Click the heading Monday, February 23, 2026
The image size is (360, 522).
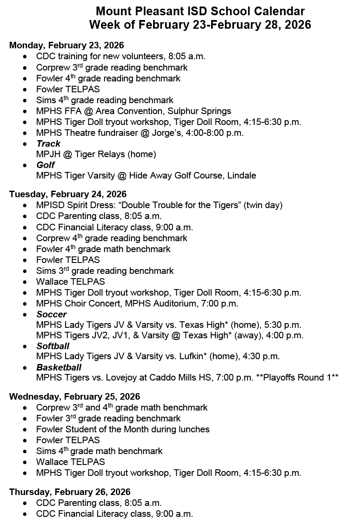point(67,45)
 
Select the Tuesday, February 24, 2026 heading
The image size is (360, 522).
point(68,194)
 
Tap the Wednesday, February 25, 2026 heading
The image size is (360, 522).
point(74,397)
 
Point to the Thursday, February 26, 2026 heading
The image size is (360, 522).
point(70,492)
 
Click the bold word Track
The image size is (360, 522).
point(48,144)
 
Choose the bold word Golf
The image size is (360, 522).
point(46,165)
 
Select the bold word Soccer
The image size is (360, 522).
point(51,314)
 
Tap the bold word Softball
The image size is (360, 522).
point(53,346)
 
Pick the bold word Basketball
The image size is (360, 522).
point(59,367)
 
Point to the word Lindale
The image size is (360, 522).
point(241,176)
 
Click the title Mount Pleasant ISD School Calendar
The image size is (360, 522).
point(200,11)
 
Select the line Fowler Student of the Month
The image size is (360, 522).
point(123,429)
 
